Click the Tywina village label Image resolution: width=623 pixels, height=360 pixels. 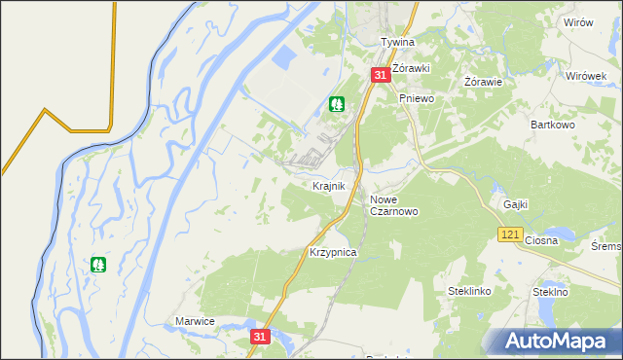point(397,43)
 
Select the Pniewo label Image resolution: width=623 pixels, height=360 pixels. point(416,98)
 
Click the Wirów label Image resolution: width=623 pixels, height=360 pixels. point(578,22)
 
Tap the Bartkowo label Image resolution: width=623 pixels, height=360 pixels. point(555,125)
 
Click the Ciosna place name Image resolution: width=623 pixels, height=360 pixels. point(540,240)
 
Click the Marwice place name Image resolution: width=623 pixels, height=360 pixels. point(195,320)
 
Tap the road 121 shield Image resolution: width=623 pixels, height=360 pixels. point(510,234)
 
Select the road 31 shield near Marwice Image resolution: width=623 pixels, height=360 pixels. point(258,336)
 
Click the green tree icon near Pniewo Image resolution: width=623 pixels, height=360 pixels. point(338,103)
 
